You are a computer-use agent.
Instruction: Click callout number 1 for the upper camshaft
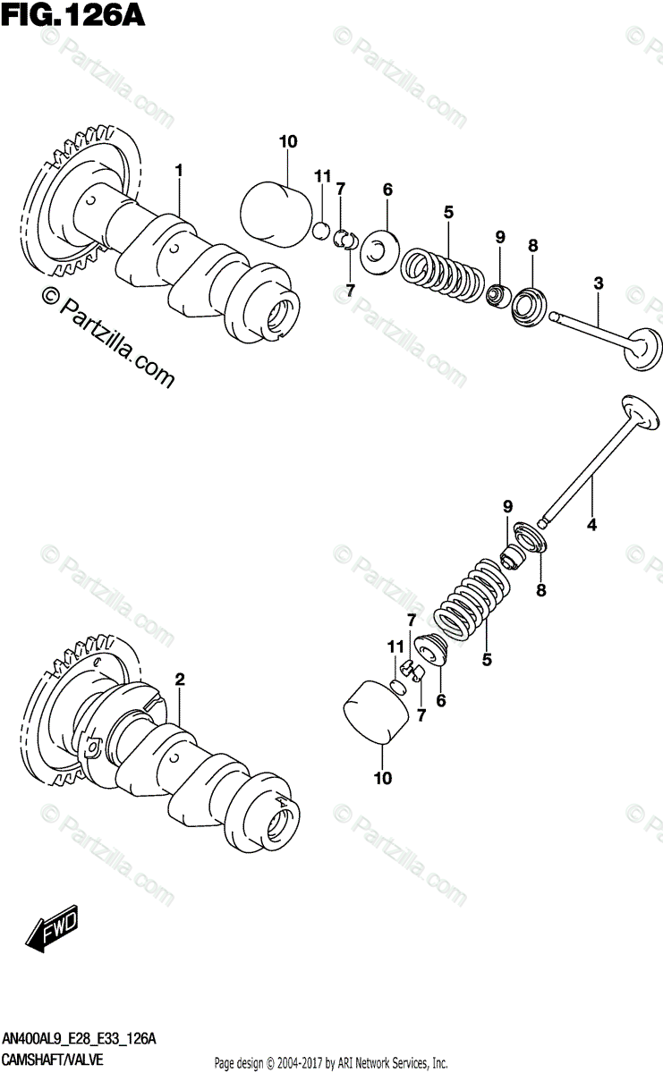pyautogui.click(x=179, y=169)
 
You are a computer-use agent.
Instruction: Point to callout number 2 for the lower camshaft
pyautogui.click(x=179, y=680)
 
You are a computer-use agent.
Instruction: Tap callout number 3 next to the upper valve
pyautogui.click(x=598, y=283)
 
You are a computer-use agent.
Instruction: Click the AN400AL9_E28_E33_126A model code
pyautogui.click(x=81, y=1040)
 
